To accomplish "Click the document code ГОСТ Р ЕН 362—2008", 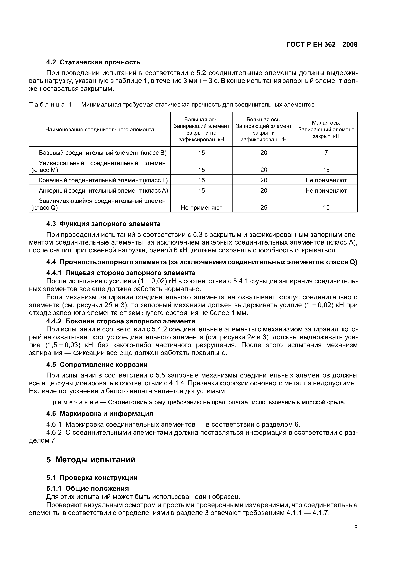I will (x=322, y=45).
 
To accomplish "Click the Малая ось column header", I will (x=326, y=129).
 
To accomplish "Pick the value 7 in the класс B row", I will (x=326, y=152).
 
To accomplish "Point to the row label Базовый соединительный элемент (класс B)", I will (x=102, y=152).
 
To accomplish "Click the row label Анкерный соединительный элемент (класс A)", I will (x=103, y=191).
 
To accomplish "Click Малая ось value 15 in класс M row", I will (x=326, y=170).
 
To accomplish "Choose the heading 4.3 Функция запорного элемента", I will (x=103, y=224).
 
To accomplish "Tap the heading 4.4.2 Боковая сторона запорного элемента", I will (x=121, y=321).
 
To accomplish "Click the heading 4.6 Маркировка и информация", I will (x=100, y=414).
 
